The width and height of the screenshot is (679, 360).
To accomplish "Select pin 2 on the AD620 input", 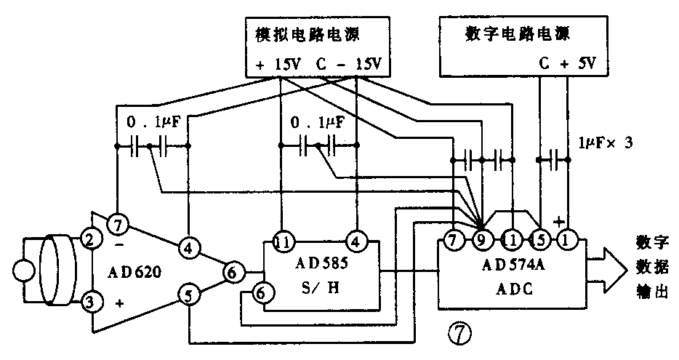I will pos(89,239).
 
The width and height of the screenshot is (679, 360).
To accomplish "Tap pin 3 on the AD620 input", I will pos(89,300).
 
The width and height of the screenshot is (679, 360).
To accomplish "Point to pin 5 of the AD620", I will pos(188,297).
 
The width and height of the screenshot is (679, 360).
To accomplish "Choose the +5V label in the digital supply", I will pos(577,64).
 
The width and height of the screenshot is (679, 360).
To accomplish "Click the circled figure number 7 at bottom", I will pos(461,334).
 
